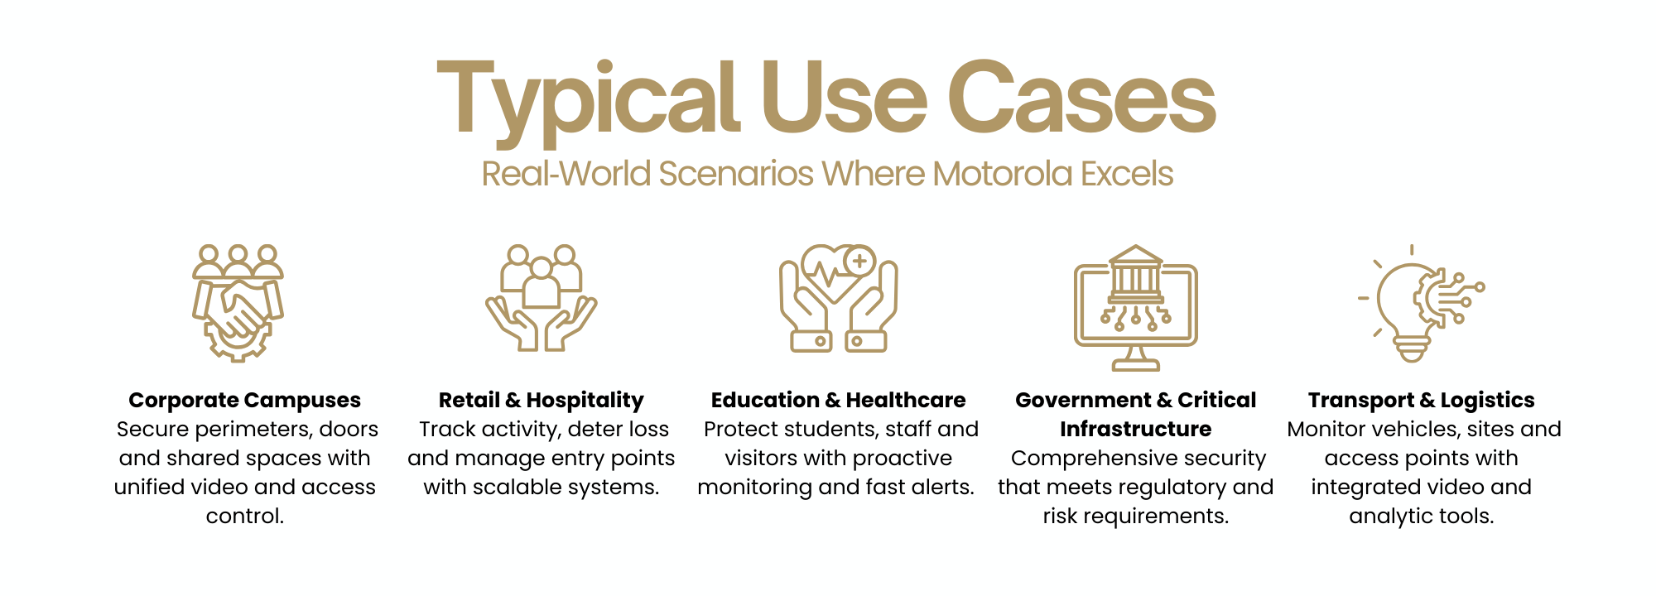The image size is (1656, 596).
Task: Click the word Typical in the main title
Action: click(588, 102)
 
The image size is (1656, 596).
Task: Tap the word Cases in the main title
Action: click(1081, 97)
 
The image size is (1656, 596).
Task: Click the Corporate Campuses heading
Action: click(245, 400)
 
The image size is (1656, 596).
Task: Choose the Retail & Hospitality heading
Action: click(542, 400)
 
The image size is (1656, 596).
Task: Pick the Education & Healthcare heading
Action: click(838, 400)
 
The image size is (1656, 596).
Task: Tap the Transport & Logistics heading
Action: click(1422, 400)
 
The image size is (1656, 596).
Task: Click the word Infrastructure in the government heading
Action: click(1136, 429)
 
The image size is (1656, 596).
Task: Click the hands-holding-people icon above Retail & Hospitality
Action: click(542, 298)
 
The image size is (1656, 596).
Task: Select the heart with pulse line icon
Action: click(838, 298)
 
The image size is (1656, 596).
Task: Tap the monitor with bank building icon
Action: click(1136, 307)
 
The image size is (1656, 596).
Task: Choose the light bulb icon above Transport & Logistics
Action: click(1420, 303)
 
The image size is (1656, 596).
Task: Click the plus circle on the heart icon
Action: click(859, 262)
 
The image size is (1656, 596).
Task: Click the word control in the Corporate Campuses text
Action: click(245, 516)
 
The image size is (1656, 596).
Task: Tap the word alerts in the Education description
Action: click(942, 487)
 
